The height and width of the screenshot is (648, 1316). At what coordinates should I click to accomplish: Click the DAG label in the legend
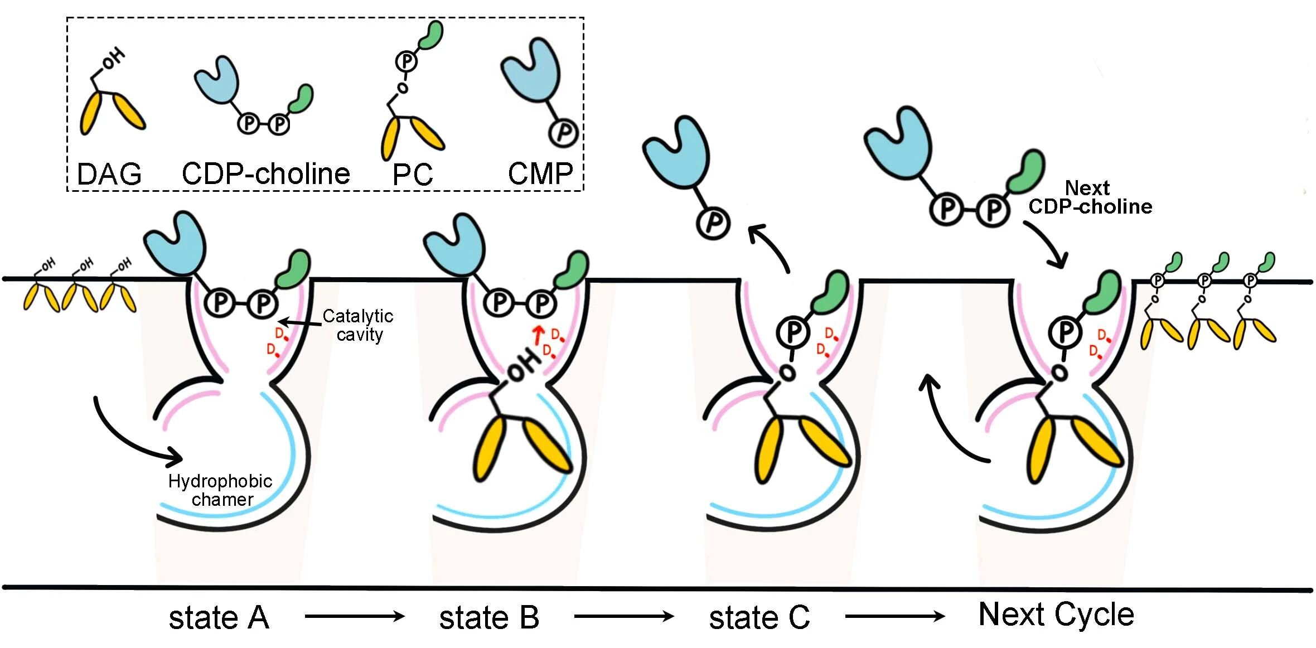tap(109, 174)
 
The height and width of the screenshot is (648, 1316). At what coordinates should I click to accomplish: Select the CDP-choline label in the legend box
tap(265, 174)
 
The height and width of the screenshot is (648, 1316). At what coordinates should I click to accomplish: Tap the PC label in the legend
tap(413, 175)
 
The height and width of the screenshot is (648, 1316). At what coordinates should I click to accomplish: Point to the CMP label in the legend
tap(540, 174)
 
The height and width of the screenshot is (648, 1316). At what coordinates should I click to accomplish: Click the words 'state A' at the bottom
tap(219, 618)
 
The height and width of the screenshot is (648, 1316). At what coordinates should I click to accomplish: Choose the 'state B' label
tap(489, 618)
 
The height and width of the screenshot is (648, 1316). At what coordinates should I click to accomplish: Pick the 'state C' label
tap(759, 618)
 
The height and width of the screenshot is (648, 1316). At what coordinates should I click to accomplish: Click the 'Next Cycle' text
tap(1056, 615)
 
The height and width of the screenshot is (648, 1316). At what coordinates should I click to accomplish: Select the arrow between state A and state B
tap(355, 616)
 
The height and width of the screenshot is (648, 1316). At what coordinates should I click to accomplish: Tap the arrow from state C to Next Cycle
tap(894, 616)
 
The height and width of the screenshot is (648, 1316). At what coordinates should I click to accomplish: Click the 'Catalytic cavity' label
tap(359, 325)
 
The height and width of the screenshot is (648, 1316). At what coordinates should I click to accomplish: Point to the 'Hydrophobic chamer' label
tap(221, 490)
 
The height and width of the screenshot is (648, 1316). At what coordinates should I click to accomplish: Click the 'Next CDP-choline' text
tap(1090, 197)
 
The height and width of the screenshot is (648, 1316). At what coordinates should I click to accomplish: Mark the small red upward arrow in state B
tap(538, 335)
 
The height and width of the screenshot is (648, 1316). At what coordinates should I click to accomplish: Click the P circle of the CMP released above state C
tap(713, 223)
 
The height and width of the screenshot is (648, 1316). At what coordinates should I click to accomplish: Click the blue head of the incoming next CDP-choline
tap(899, 139)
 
